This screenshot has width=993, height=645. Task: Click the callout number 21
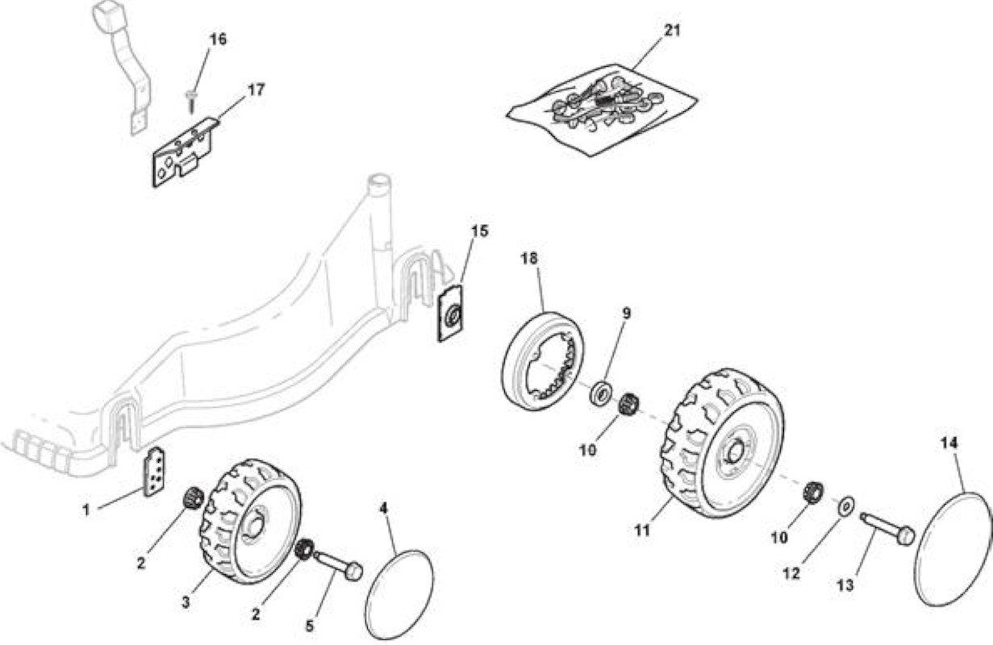pos(672,30)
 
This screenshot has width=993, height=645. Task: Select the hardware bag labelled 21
pos(602,110)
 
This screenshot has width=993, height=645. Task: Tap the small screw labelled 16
pos(191,101)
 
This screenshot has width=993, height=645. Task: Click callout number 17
pos(257,89)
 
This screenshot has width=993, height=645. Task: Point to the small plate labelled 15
pos(451,314)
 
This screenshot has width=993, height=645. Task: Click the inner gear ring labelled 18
pos(543,361)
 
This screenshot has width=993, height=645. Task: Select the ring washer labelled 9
pos(601,392)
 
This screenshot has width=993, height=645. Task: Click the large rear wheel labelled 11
pos(722,443)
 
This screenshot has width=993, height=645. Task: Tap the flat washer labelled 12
pos(846,505)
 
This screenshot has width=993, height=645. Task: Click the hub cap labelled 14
pos(953,548)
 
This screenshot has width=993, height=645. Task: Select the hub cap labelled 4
pos(399,594)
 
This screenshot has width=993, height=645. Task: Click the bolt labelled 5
pos(338,563)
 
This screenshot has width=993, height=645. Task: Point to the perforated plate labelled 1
pos(155,472)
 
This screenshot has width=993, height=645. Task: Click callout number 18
pos(529,258)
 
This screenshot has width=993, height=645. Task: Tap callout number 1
pos(86,510)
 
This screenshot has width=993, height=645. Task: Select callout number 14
pos(949,443)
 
